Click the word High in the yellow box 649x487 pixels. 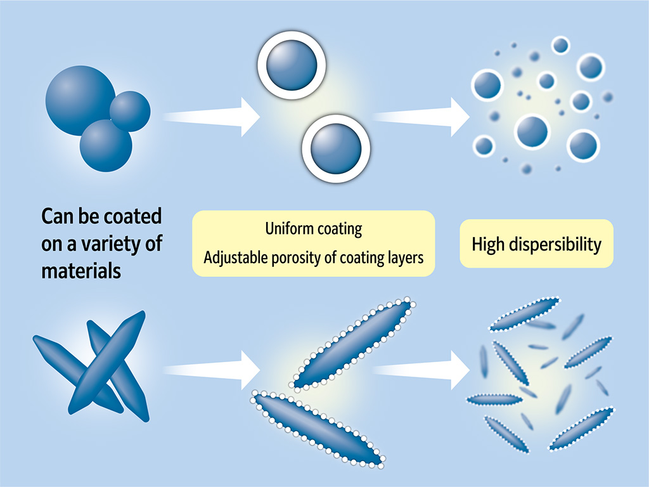(487, 244)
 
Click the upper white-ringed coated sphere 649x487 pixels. (292, 66)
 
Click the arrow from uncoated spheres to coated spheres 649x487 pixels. (212, 116)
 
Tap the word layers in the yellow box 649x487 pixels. (403, 257)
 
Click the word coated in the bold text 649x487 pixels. (131, 216)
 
